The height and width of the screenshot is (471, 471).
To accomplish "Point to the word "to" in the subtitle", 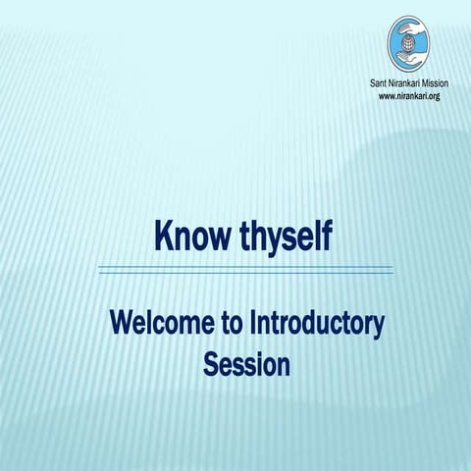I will [233, 323].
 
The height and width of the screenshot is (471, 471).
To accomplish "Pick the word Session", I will [246, 364].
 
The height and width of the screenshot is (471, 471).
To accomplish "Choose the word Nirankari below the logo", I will [409, 84].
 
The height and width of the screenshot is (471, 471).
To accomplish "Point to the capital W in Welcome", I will [120, 323].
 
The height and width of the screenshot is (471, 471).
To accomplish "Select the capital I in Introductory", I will [255, 323].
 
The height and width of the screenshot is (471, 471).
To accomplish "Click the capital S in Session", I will [210, 364].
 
